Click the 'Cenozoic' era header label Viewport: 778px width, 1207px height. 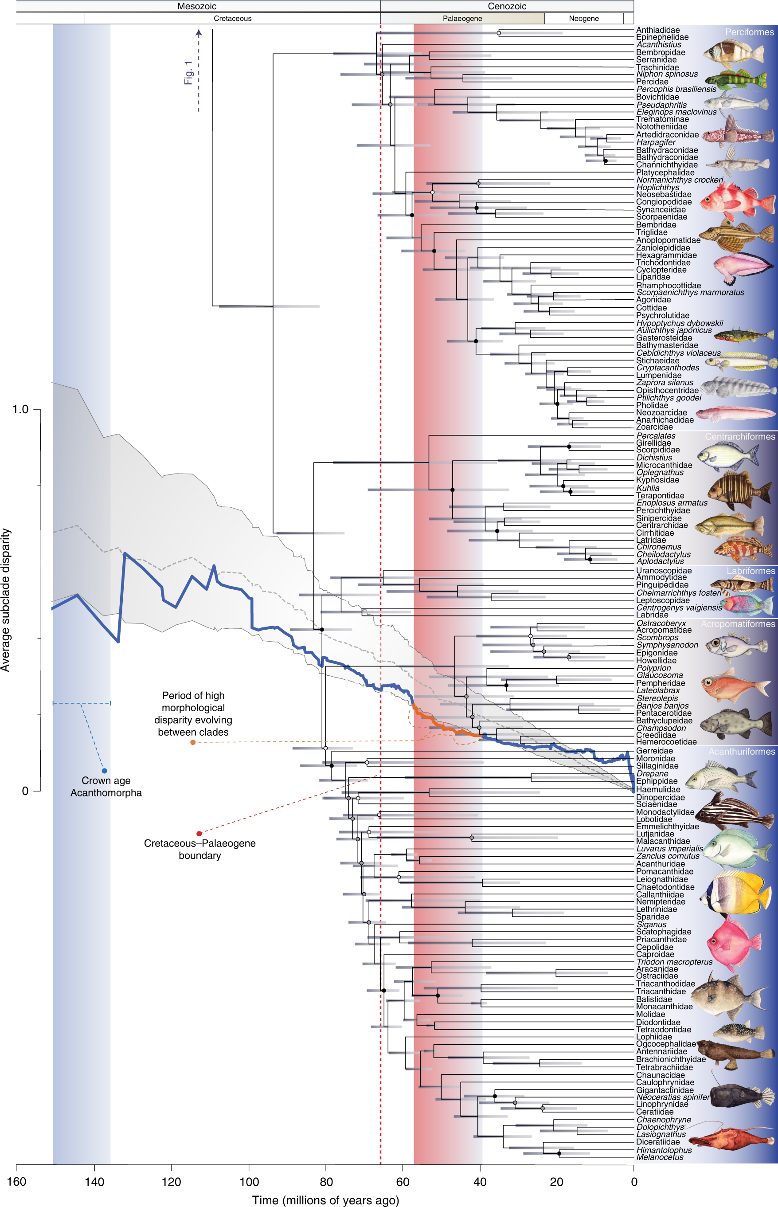(x=507, y=6)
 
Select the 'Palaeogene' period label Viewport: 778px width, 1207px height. (x=462, y=19)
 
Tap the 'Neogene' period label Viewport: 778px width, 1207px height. (x=583, y=19)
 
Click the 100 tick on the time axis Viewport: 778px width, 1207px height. (x=249, y=1182)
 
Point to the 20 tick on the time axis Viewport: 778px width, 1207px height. (x=556, y=1182)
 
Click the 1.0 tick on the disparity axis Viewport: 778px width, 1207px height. (x=20, y=409)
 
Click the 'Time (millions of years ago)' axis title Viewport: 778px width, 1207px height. (x=325, y=1200)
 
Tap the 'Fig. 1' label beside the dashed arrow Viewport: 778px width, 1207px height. (x=188, y=73)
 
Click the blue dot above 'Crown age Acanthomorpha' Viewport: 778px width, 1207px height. (x=105, y=771)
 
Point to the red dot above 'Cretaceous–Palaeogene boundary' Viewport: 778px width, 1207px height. (x=199, y=834)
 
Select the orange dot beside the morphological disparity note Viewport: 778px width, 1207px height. (x=193, y=742)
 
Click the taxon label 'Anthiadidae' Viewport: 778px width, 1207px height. (x=658, y=30)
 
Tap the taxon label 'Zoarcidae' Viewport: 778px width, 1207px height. (x=654, y=427)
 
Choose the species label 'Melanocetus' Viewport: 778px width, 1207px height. (x=660, y=1157)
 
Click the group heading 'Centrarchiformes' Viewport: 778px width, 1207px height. (x=739, y=436)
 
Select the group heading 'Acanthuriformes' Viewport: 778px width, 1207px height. (x=741, y=752)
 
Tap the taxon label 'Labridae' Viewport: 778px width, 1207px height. (x=652, y=615)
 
